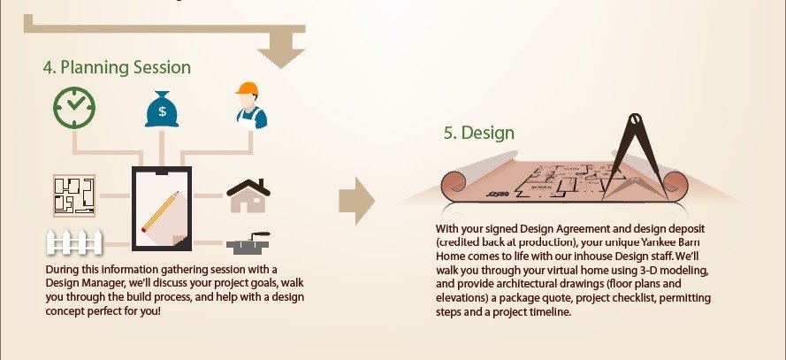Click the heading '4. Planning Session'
(117, 68)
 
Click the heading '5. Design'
(478, 133)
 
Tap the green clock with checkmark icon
(74, 108)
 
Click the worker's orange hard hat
(248, 88)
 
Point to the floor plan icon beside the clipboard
(74, 195)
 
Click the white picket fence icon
(74, 241)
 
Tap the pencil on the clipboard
(160, 211)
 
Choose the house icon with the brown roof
(248, 195)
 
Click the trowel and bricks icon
(248, 242)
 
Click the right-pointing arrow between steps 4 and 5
(356, 201)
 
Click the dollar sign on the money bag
(162, 111)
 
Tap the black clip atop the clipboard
(162, 172)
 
